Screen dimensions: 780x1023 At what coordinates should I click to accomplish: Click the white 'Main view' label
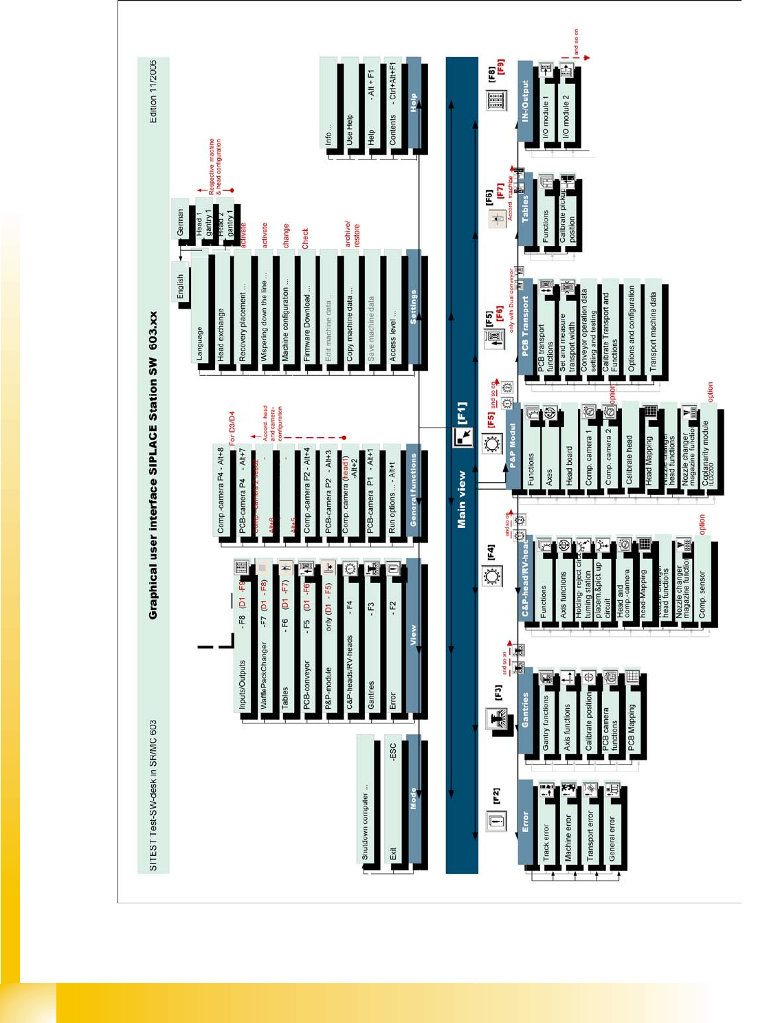(x=462, y=499)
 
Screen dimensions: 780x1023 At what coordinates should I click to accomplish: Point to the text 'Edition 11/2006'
(x=153, y=92)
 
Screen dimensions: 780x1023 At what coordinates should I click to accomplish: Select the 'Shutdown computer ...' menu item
(x=366, y=822)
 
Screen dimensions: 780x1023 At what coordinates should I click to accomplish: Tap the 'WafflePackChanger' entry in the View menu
(x=264, y=675)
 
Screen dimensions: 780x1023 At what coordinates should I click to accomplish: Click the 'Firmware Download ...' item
(x=307, y=324)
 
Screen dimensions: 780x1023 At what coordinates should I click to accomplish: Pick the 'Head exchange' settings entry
(x=221, y=334)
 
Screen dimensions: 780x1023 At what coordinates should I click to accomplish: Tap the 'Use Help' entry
(x=350, y=129)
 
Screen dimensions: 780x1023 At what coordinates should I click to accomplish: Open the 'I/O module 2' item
(x=566, y=117)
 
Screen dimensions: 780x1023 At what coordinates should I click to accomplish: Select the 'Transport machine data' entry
(x=653, y=331)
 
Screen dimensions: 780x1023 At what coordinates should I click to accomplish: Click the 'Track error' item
(x=546, y=843)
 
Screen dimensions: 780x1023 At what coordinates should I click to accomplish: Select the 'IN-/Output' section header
(x=526, y=102)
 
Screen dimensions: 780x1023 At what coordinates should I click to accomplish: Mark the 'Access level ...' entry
(x=392, y=331)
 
